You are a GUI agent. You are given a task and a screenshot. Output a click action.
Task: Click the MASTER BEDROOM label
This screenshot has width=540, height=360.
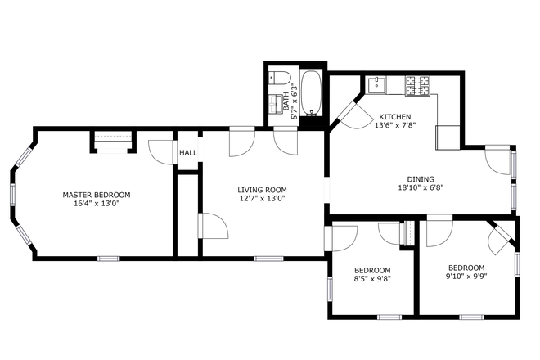(97, 195)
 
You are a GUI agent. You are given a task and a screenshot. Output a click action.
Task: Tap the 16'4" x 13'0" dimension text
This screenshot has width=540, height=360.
(97, 205)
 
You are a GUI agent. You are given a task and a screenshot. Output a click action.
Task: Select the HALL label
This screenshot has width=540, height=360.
(188, 152)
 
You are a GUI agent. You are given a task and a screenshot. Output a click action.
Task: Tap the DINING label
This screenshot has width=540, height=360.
(421, 179)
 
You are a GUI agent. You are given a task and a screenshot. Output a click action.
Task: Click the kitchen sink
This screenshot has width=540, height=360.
(379, 83)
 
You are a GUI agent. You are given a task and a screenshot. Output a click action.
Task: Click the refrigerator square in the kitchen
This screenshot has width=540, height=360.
(448, 137)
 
